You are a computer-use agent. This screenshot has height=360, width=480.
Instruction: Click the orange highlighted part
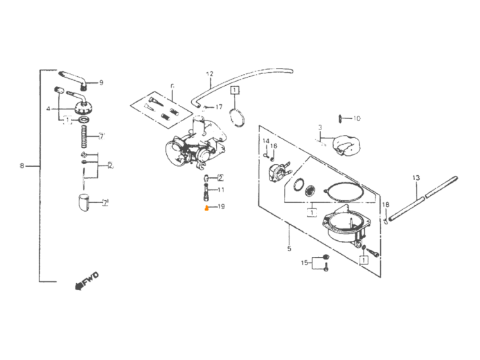(x=206, y=207)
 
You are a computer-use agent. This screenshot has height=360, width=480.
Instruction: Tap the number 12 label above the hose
(x=209, y=73)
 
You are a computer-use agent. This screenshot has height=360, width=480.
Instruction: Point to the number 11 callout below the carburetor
(x=220, y=189)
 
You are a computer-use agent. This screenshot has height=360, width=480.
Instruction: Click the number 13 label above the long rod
(x=416, y=178)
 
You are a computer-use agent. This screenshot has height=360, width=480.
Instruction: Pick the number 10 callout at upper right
(x=357, y=119)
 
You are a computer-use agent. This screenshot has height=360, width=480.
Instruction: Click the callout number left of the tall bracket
(x=22, y=166)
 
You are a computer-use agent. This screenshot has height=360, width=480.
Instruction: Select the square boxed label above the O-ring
(x=235, y=91)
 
